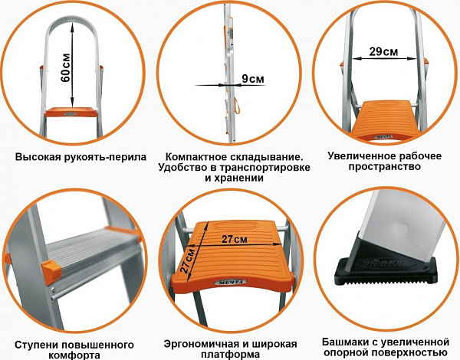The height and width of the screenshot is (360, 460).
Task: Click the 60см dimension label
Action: (x=66, y=68)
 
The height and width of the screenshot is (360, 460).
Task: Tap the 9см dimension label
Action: (x=253, y=79)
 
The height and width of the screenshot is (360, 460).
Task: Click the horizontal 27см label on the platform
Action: (x=235, y=239)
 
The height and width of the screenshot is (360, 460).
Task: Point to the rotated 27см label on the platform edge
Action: (x=188, y=261)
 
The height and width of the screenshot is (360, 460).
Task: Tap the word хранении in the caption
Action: (x=238, y=178)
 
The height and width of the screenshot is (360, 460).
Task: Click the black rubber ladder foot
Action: (x=386, y=267)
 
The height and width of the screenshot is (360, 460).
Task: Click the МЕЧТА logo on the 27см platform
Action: (x=231, y=282)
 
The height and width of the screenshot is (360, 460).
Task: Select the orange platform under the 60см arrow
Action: (x=71, y=112)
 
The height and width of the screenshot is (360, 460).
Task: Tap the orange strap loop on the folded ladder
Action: (x=237, y=105)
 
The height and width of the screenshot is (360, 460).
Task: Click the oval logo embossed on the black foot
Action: (x=386, y=263)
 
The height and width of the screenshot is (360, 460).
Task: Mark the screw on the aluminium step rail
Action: (x=54, y=291)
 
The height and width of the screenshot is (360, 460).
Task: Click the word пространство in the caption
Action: (x=385, y=166)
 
